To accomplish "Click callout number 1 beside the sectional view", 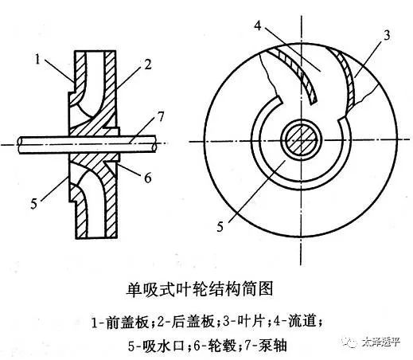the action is [37, 60].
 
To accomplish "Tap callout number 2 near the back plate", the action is [147, 65].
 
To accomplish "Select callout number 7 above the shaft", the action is [160, 117].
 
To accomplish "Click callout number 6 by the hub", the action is [147, 178].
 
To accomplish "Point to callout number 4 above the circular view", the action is [258, 25].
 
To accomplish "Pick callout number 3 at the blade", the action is [387, 35].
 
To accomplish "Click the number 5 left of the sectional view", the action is [33, 204].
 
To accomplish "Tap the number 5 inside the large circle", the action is [220, 227].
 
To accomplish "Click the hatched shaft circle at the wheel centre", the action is [301, 141].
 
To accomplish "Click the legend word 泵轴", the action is [274, 346].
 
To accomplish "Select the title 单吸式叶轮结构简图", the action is [200, 289].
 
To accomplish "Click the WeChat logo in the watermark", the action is [350, 342].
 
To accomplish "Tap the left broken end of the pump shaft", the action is [20, 145].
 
